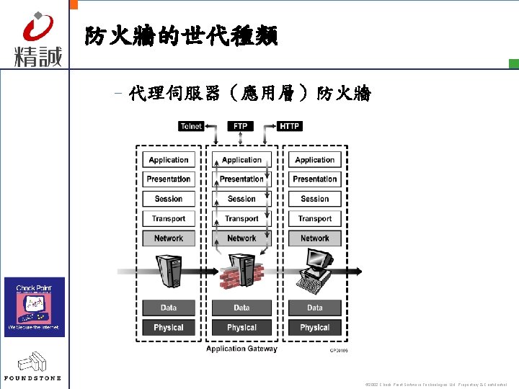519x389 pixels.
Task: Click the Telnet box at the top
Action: point(191,126)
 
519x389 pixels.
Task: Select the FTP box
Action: point(241,126)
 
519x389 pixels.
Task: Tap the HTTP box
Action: point(289,126)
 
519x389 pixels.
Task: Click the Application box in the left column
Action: point(169,160)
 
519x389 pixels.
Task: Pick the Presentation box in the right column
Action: point(315,179)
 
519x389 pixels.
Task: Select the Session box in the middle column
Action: point(241,199)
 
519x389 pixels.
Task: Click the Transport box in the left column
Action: point(169,218)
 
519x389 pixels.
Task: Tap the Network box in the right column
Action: point(315,238)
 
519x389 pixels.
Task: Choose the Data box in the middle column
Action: point(241,308)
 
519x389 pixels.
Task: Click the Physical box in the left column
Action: point(169,327)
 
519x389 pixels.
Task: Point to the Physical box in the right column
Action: point(315,327)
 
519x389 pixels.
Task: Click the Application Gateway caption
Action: point(241,349)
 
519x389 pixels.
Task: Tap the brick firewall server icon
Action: point(241,273)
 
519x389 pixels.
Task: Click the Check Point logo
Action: point(35,306)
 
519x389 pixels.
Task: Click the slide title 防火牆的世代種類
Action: point(181,36)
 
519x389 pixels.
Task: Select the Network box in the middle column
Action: point(241,238)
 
